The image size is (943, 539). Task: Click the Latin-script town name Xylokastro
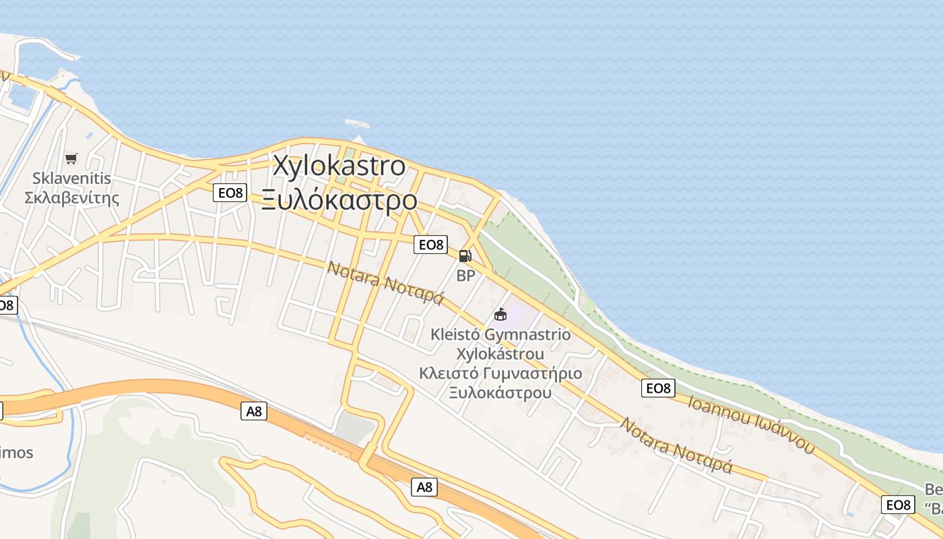pos(339,166)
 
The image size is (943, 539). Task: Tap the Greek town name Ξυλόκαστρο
pos(339,200)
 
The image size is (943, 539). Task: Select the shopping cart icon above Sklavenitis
pos(71,159)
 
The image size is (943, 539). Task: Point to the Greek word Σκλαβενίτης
pos(71,198)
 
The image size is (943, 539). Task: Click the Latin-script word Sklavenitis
pos(71,179)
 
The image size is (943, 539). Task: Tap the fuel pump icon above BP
pos(465,256)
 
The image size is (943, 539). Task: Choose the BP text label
pos(465,276)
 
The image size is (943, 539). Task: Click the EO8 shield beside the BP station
pos(431,245)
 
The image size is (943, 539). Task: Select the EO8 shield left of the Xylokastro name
pos(230,193)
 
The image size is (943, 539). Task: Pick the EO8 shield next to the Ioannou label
pos(658,388)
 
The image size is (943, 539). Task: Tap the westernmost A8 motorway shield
pos(254,411)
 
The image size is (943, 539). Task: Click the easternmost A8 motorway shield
pos(424,487)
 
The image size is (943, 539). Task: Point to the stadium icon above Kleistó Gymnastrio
pos(500,314)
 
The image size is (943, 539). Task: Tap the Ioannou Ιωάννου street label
pos(751,423)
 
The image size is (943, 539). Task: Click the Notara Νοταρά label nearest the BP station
pos(385,282)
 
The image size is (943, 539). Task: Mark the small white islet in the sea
pos(358,124)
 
